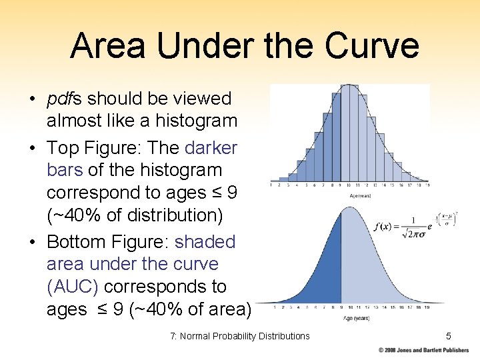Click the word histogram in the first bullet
point(197,121)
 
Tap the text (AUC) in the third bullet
point(73,287)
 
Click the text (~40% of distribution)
point(142,215)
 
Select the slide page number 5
point(449,336)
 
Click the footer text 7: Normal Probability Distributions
point(240,336)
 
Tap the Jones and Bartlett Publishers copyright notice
point(423,350)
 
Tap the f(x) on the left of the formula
point(385,226)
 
